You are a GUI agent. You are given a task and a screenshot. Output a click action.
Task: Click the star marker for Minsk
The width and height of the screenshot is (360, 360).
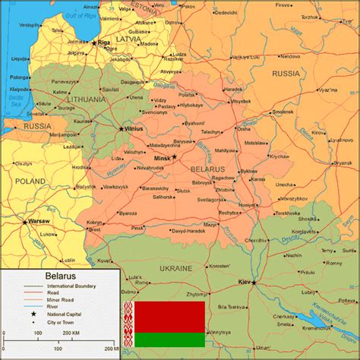174,156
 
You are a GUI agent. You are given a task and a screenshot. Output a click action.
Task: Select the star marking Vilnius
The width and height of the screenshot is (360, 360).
121,128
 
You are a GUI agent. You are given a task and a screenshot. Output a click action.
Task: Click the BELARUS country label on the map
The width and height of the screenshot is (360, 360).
207,168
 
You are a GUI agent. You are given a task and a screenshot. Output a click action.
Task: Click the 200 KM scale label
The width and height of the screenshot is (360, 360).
72,333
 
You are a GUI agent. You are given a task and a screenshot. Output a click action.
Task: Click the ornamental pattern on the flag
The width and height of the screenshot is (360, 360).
131,324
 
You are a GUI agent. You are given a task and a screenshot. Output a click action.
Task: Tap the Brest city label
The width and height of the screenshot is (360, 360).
94,229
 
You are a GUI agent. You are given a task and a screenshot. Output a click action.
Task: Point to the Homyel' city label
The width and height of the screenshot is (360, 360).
246,205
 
